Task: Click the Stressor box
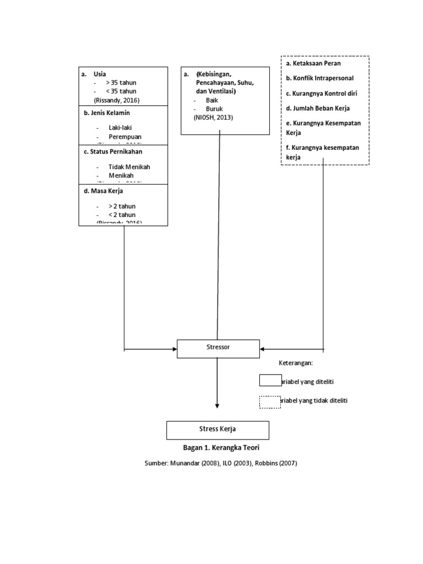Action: [218, 349]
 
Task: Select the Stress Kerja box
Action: [218, 430]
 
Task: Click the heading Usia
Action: [100, 74]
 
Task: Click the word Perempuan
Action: [125, 136]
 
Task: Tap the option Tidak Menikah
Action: [129, 167]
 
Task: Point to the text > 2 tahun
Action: [122, 206]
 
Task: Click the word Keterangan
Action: [296, 364]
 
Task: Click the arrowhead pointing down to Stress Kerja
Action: [218, 406]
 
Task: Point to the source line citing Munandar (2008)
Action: [220, 463]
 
